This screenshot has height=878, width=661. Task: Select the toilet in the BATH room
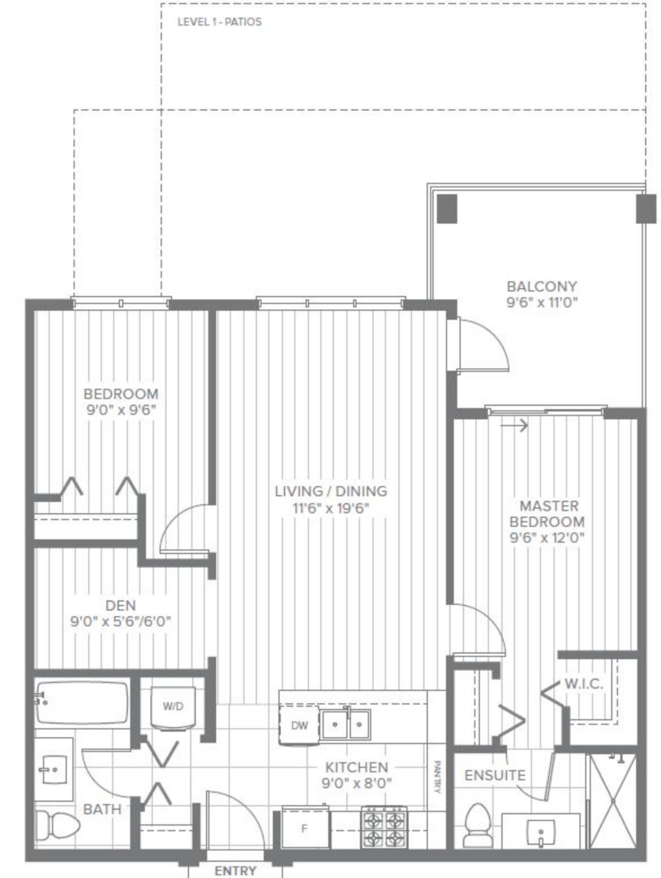click(x=57, y=826)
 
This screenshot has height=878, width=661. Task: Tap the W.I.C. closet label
click(x=584, y=683)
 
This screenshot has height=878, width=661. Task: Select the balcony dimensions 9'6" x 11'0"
click(x=542, y=303)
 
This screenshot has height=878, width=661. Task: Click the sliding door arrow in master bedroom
click(x=514, y=425)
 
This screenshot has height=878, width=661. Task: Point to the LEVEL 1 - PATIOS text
click(x=220, y=22)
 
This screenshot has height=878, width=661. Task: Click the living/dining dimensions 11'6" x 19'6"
click(x=331, y=509)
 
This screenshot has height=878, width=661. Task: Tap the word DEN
click(x=121, y=605)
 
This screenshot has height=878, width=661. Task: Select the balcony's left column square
click(x=447, y=209)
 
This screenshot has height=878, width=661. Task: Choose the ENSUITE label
click(x=495, y=775)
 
